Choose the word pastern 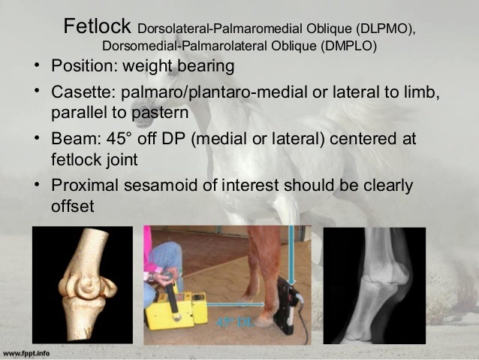point(161,113)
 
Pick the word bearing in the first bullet point(203,67)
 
